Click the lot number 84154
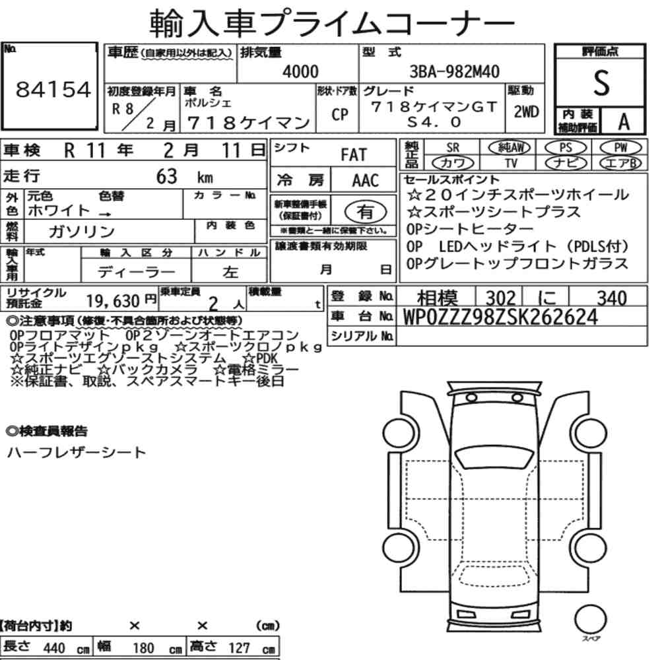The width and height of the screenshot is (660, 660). point(53,90)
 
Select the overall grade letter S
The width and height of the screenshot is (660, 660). point(601,83)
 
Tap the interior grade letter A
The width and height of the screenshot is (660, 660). point(624,121)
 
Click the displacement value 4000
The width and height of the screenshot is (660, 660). point(300,71)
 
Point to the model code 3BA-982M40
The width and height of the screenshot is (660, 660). point(454,71)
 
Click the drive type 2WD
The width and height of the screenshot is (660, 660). point(526,112)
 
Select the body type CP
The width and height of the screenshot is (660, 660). point(340,114)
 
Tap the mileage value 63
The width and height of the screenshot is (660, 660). point(167,176)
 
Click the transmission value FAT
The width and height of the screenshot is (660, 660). point(354,155)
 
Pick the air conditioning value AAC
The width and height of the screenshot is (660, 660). point(365,181)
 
